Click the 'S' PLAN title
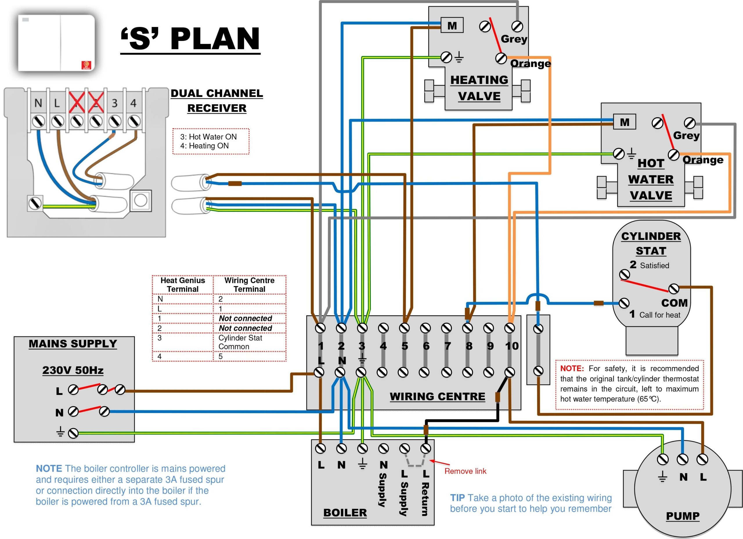point(190,39)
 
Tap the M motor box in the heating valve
point(452,25)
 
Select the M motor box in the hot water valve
point(624,122)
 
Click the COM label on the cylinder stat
point(674,303)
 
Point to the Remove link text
point(465,471)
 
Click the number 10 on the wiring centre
point(512,346)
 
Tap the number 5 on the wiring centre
point(405,346)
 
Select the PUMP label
point(683,516)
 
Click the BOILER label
point(345,513)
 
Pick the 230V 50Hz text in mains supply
point(73,370)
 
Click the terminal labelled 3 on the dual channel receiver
point(114,103)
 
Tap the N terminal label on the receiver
point(38,103)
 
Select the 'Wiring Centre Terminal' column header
point(249,285)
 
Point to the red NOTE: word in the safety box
point(572,369)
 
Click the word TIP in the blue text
point(457,498)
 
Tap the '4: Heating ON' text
point(204,146)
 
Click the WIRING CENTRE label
point(437,396)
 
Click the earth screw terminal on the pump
point(662,459)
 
